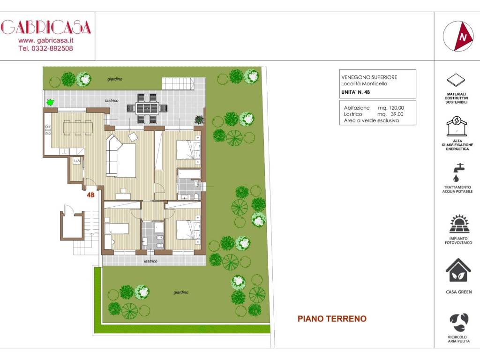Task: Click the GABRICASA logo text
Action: click(45, 27)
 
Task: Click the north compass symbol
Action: click(457, 36)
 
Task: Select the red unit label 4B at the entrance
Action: click(91, 195)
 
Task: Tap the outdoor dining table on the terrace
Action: click(147, 108)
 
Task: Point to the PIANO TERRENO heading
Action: click(332, 319)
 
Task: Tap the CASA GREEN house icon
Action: click(458, 271)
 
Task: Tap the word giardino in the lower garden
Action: click(181, 292)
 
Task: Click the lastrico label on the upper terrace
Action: click(111, 100)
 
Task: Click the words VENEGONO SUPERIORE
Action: click(369, 77)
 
